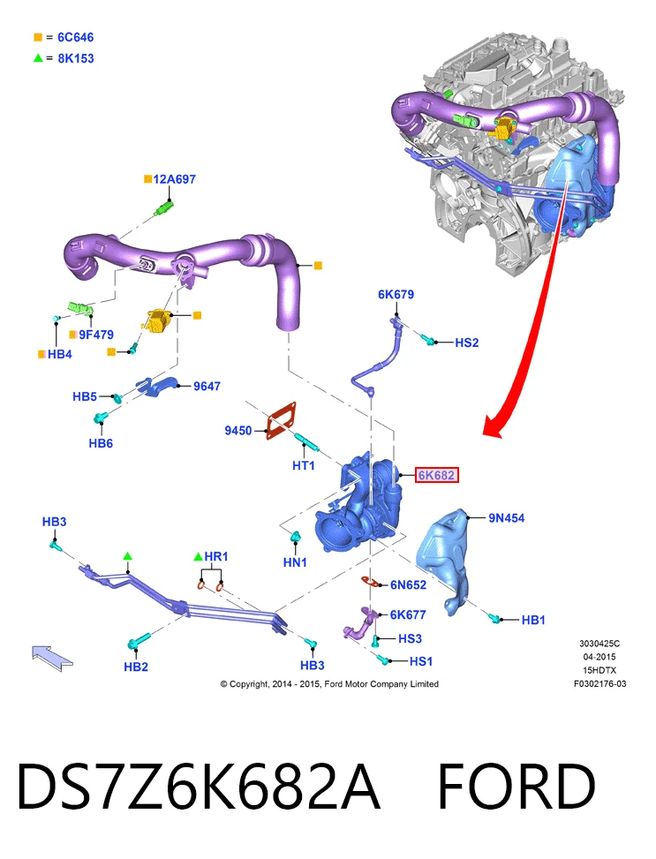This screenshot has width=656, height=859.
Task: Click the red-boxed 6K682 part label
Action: [x=436, y=475]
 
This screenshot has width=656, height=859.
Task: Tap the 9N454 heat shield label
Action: [x=507, y=517]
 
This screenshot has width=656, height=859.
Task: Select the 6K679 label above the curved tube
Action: [x=396, y=294]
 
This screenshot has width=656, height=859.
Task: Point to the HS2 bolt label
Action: [x=467, y=343]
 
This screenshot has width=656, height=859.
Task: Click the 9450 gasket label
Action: [x=238, y=431]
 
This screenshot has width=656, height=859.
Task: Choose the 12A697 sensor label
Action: [x=174, y=179]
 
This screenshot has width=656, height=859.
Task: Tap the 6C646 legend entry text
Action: [x=76, y=37]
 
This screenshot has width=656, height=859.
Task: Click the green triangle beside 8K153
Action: [x=38, y=57]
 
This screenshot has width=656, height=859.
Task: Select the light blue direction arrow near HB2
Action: [x=51, y=657]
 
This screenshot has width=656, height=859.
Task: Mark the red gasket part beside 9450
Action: [x=281, y=420]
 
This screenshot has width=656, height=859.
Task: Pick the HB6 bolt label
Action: [x=101, y=443]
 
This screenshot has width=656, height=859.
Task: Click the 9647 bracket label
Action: [x=207, y=386]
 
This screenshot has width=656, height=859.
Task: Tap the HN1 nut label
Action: [x=295, y=562]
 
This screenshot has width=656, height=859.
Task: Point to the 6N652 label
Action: [x=408, y=585]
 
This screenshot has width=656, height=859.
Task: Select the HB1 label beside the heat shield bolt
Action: [x=533, y=620]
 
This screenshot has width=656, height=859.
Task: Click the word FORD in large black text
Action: [x=517, y=787]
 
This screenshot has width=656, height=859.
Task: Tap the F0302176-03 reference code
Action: [x=600, y=683]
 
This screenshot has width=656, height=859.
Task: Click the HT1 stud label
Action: [x=304, y=465]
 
